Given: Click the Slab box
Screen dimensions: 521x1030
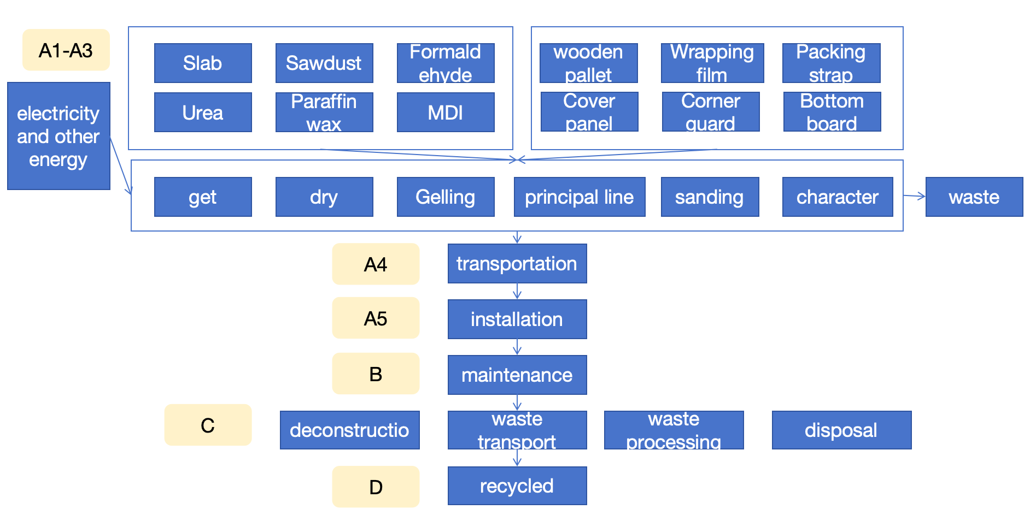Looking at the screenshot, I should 203,63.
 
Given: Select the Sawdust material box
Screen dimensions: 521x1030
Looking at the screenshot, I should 324,63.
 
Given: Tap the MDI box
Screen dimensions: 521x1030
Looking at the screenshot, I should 446,113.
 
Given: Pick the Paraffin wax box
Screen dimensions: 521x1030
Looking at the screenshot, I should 324,113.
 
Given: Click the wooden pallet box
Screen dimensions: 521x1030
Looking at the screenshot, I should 588,63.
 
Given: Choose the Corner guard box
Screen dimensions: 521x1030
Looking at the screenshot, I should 711,112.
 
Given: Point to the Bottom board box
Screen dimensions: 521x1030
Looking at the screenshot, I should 832,112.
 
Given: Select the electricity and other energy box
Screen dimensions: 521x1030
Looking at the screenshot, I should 58,136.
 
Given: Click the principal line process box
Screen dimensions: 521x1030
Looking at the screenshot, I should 580,197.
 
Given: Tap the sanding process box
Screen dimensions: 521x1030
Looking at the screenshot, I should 710,197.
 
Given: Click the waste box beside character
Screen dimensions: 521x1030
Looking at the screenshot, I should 974,197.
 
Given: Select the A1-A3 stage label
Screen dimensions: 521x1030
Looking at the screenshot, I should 66,50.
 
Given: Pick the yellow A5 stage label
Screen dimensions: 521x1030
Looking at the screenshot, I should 376,318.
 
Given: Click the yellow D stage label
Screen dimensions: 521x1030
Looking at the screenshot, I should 376,487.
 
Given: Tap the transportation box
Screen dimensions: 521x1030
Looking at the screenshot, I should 517,264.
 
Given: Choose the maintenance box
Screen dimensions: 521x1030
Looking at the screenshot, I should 517,375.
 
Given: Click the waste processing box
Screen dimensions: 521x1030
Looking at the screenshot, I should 674,430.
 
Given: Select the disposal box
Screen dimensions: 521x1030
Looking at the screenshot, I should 841,430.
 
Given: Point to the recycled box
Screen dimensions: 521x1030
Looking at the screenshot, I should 517,486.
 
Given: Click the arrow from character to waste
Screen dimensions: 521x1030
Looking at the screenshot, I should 914,196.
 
